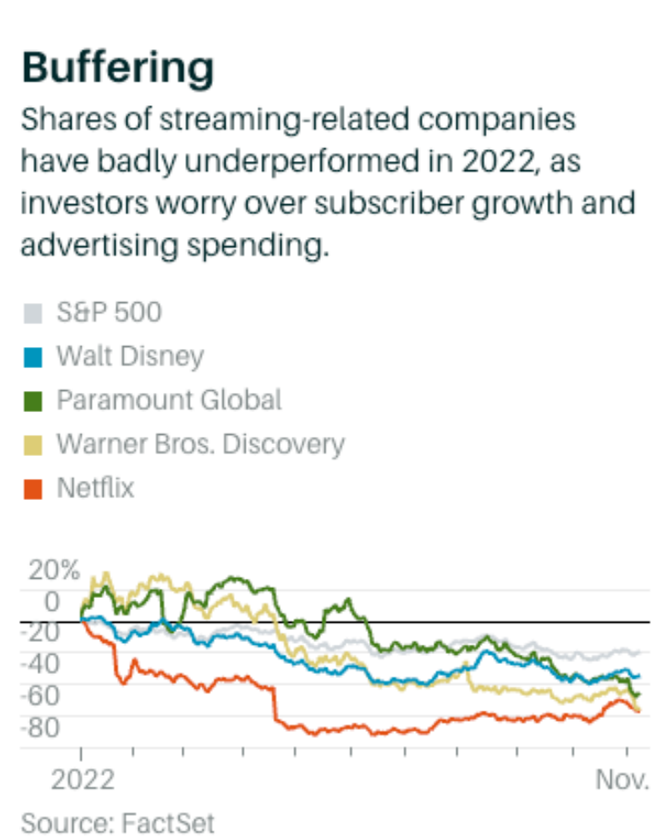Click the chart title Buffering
point(116,68)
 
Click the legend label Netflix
point(95,488)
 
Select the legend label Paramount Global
point(169,400)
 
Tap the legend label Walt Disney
point(130,356)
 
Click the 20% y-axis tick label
point(55,570)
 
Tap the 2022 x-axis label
point(82,780)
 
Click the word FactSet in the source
point(169,821)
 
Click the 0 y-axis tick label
point(51,601)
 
